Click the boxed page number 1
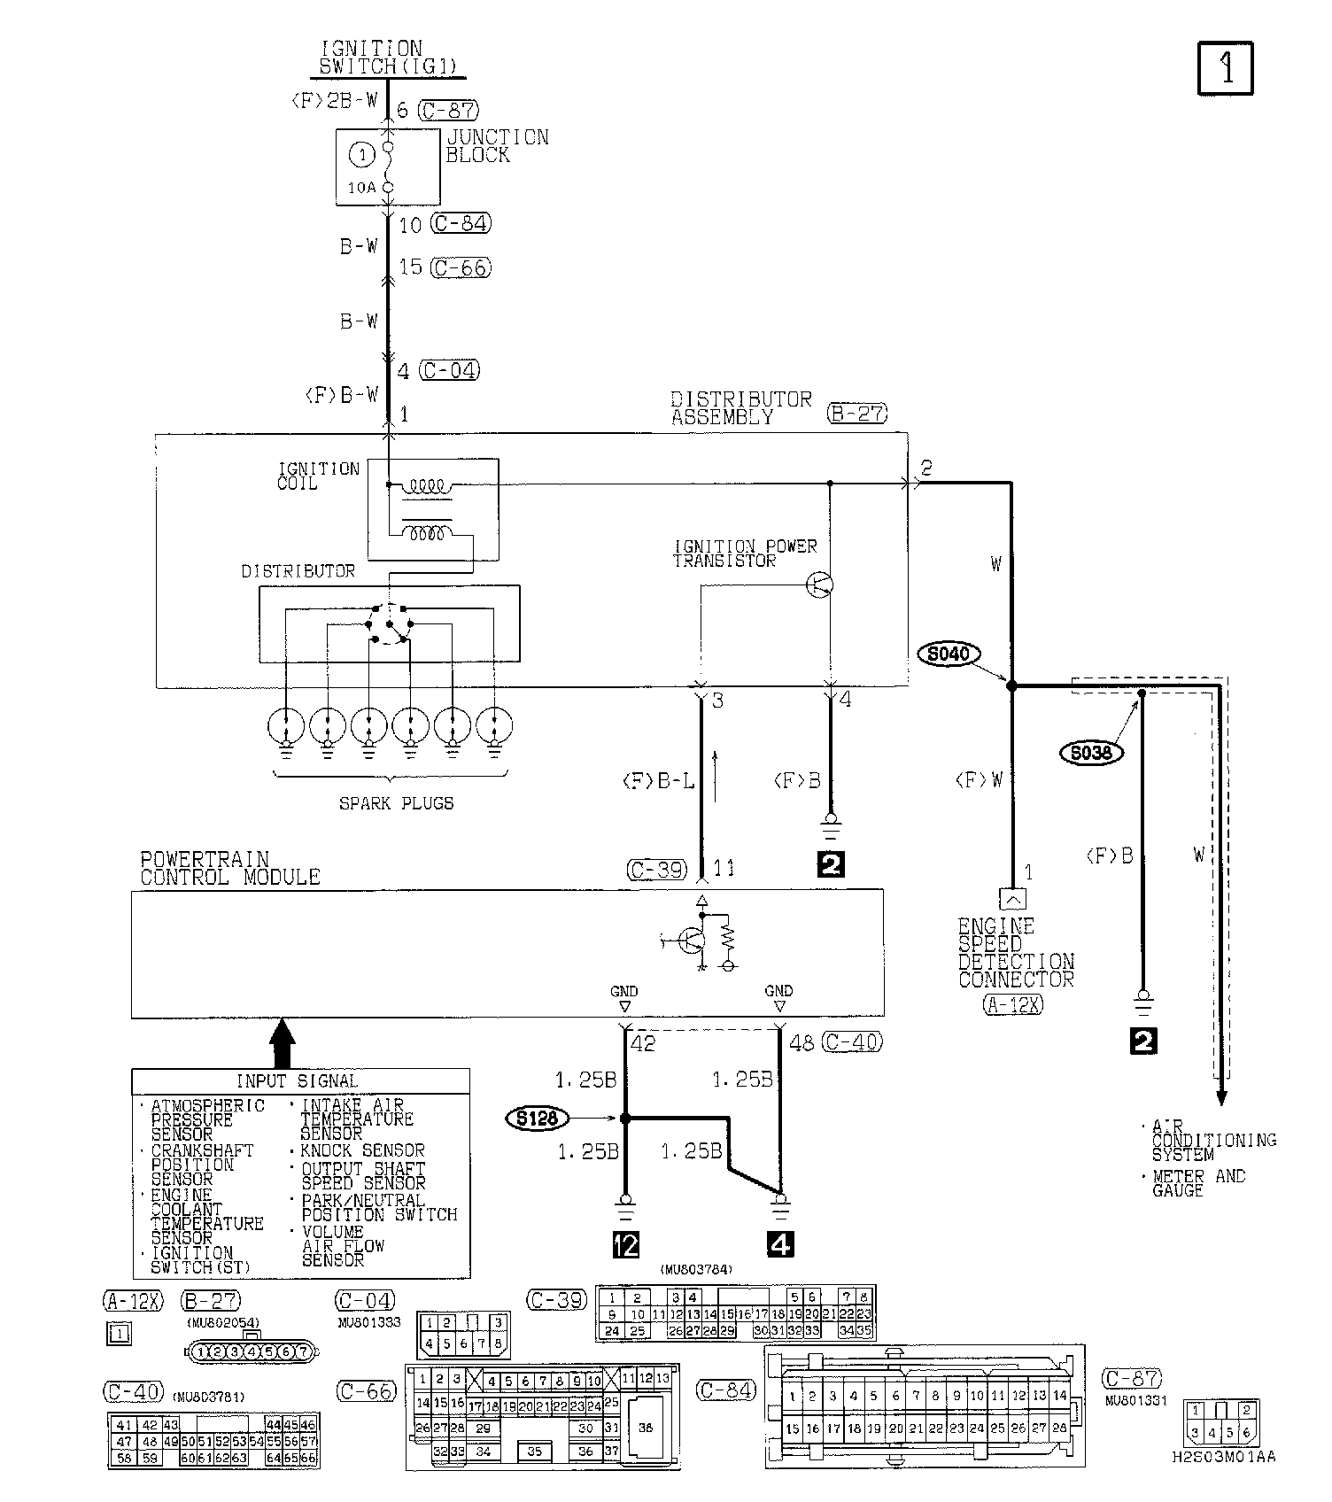tap(1226, 68)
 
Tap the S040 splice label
tap(949, 654)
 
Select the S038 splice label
tap(1091, 753)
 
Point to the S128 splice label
tap(538, 1119)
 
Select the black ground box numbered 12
tap(625, 1244)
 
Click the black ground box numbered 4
tap(779, 1244)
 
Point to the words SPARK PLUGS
tap(396, 803)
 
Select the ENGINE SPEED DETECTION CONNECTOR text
tap(1016, 953)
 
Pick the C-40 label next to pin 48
tap(852, 1042)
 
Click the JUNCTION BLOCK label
tap(496, 146)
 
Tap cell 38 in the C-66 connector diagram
tap(645, 1428)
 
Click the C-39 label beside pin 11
tap(657, 870)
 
